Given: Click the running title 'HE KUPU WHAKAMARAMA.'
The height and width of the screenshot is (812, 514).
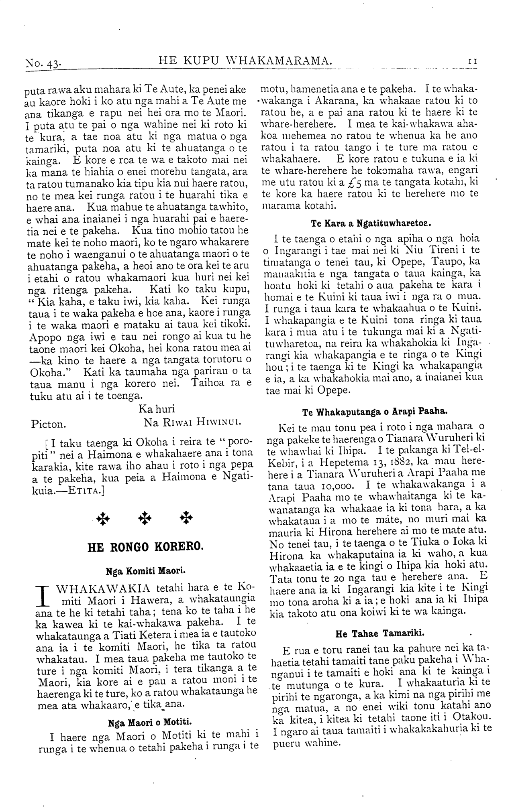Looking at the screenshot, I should pos(246,61).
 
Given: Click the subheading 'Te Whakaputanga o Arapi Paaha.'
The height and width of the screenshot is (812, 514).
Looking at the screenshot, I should pos(374,412).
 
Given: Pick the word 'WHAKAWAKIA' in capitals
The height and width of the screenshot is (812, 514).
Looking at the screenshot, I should pos(104,589).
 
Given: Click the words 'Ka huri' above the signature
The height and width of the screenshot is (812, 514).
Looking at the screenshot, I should pos(157,409).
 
